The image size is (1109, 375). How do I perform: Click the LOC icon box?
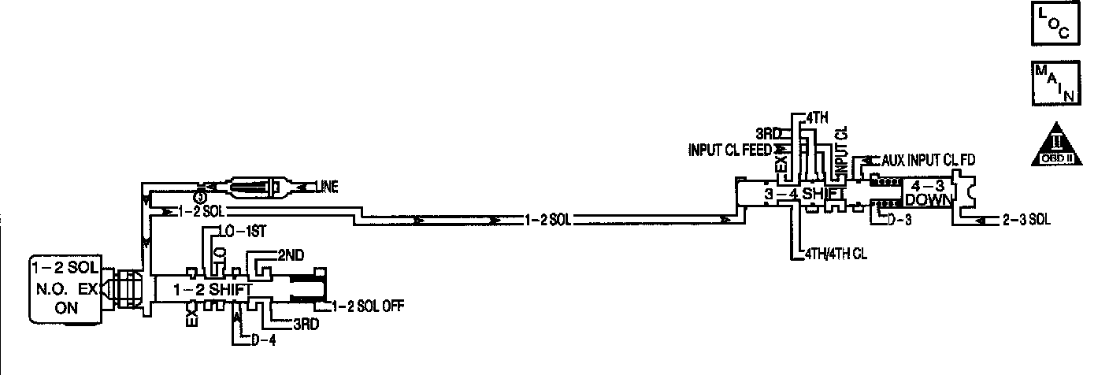click(1055, 24)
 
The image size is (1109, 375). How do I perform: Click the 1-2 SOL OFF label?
click(362, 306)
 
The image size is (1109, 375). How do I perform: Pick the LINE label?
click(329, 187)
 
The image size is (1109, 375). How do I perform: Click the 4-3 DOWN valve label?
click(928, 192)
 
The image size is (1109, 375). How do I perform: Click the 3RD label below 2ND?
click(306, 323)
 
